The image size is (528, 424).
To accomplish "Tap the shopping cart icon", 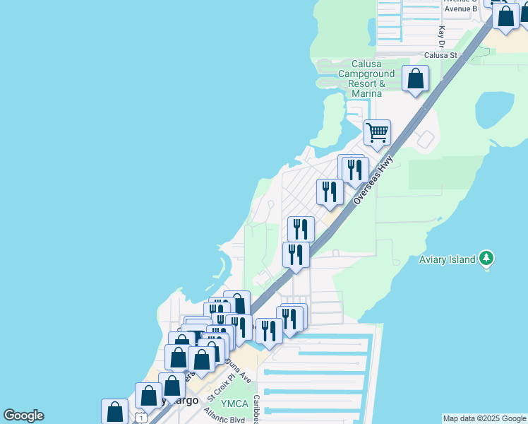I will (x=378, y=131).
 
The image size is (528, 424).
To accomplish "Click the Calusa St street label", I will (x=441, y=54).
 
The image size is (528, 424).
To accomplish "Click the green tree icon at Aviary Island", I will (x=486, y=259).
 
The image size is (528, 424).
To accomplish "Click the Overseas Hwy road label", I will (x=372, y=182).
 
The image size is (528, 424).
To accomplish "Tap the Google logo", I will (x=24, y=416).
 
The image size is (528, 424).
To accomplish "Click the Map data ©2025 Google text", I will (x=485, y=418).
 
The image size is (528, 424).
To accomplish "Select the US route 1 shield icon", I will (x=143, y=418).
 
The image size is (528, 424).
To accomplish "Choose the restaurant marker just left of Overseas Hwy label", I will (x=330, y=192).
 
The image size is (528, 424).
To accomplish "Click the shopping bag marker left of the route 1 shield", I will (x=114, y=412).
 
